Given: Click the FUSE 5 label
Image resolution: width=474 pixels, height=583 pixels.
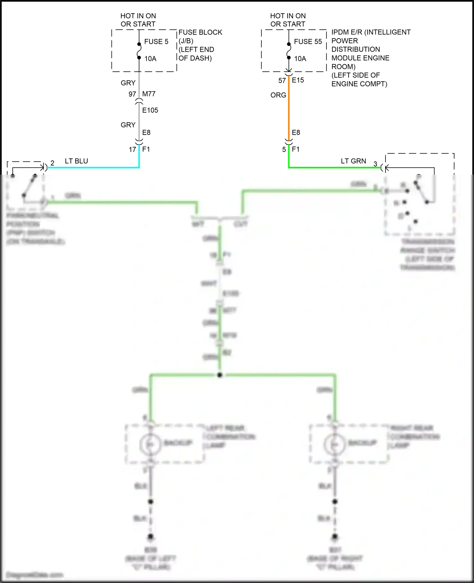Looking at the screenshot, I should tap(156, 42).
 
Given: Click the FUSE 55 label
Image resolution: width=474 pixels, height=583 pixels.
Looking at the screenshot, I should tap(308, 42).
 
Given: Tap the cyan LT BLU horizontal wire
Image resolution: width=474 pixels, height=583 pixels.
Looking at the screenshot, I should tap(95, 167).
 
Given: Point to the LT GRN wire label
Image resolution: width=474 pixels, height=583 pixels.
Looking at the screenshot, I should tap(353, 161).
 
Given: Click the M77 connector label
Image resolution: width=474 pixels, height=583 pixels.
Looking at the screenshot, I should tap(149, 94).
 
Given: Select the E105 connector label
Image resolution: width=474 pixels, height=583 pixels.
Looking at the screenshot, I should tap(150, 110).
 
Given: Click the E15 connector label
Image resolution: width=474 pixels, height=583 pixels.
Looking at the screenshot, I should tap(298, 80).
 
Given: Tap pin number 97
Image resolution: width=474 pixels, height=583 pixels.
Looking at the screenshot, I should tap(132, 94).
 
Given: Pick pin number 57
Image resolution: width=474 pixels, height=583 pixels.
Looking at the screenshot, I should tap(282, 81).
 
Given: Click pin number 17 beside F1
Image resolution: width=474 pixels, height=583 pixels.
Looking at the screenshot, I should tap(132, 150).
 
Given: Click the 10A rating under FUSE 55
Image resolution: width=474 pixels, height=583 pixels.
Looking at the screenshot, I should tap(300, 59).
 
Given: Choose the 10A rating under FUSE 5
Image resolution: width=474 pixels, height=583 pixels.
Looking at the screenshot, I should tap(150, 59).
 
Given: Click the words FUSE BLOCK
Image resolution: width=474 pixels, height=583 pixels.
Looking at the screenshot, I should tap(200, 32).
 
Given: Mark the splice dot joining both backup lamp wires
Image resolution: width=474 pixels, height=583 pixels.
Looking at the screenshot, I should tap(220, 375).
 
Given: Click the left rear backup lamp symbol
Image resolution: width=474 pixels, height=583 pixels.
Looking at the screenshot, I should tap(150, 444).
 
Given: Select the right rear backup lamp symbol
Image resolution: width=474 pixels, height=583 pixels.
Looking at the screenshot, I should tap(334, 444).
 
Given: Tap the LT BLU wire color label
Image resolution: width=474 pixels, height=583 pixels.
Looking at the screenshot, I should tap(76, 161).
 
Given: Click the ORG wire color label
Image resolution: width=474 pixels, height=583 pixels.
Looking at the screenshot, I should tap(278, 95).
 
